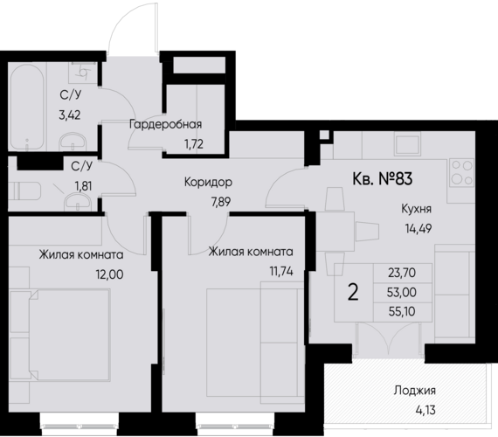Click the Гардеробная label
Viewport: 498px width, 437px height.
pos(166,124)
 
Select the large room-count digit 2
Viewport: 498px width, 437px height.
pos(353,291)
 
